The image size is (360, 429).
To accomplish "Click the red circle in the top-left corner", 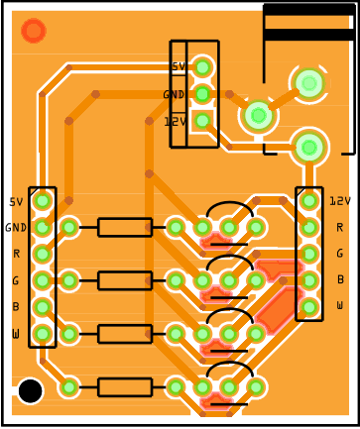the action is (x=34, y=31).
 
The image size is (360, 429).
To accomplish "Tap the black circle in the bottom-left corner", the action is (x=31, y=391).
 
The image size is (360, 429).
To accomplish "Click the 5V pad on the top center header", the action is (x=202, y=67).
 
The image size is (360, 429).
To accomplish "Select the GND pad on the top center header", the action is (x=202, y=94).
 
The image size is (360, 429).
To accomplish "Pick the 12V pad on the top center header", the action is (x=202, y=121).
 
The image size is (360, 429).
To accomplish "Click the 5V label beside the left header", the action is (x=16, y=202).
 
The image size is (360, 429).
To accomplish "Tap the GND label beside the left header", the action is (x=16, y=228).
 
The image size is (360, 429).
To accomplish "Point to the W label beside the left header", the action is (x=16, y=334).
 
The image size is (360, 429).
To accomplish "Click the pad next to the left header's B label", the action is (x=43, y=307).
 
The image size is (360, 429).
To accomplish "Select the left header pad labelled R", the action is (x=43, y=254).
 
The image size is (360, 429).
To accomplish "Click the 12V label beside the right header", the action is (x=340, y=201).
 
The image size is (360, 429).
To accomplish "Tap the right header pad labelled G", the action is (x=309, y=254).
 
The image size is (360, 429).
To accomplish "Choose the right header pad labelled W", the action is (x=309, y=307).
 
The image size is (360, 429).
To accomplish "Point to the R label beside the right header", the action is (x=339, y=227).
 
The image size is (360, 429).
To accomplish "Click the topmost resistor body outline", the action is (x=125, y=227).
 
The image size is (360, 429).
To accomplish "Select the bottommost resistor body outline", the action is (x=125, y=387).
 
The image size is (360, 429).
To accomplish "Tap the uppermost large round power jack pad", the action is (x=309, y=83).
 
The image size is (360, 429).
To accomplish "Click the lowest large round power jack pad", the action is (x=309, y=148).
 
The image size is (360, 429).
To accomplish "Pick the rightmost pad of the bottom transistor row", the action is (x=256, y=387).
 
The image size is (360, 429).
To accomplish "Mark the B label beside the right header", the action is (x=340, y=279).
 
